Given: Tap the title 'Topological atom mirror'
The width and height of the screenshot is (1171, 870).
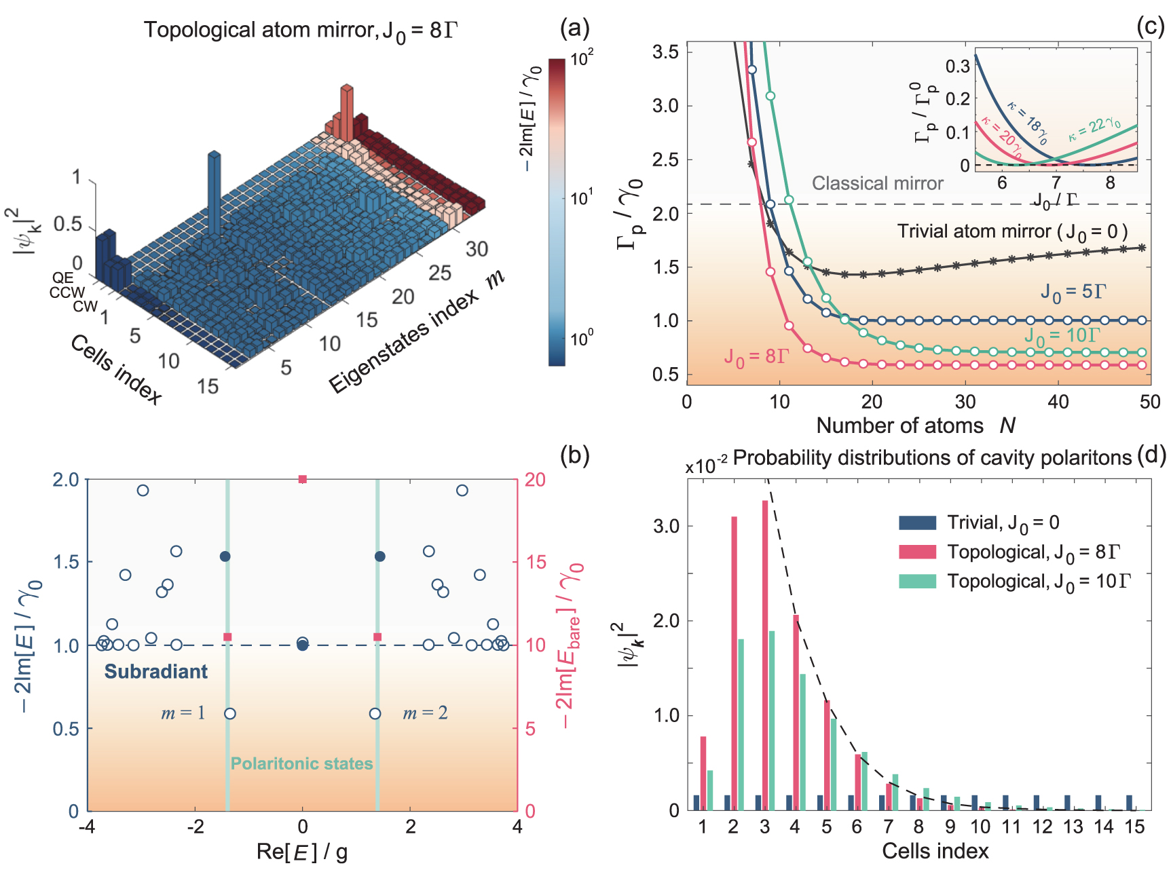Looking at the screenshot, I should click(258, 30).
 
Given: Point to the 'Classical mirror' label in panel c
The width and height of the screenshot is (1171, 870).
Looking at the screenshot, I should click(877, 183).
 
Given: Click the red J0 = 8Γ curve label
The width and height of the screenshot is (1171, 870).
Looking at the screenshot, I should click(756, 356).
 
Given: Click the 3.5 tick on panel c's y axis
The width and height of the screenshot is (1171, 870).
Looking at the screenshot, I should click(665, 52).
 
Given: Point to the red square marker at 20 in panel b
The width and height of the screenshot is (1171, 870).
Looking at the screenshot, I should click(303, 479).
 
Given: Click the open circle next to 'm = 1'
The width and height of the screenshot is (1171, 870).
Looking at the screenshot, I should click(230, 713).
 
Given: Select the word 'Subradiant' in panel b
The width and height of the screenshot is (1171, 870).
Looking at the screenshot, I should click(155, 672).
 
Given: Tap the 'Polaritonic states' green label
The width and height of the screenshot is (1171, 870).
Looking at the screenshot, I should click(301, 763).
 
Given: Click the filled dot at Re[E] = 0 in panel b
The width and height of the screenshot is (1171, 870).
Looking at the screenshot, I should click(303, 645).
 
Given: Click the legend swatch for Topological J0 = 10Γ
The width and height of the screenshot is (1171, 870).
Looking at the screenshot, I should click(917, 582).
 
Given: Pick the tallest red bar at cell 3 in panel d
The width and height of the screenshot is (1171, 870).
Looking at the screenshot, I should click(765, 655).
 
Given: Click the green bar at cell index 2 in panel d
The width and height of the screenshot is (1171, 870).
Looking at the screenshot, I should click(741, 724).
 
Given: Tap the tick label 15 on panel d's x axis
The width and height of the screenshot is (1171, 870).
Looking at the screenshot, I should click(1134, 827).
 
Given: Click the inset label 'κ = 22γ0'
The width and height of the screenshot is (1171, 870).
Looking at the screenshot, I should click(1094, 128).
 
